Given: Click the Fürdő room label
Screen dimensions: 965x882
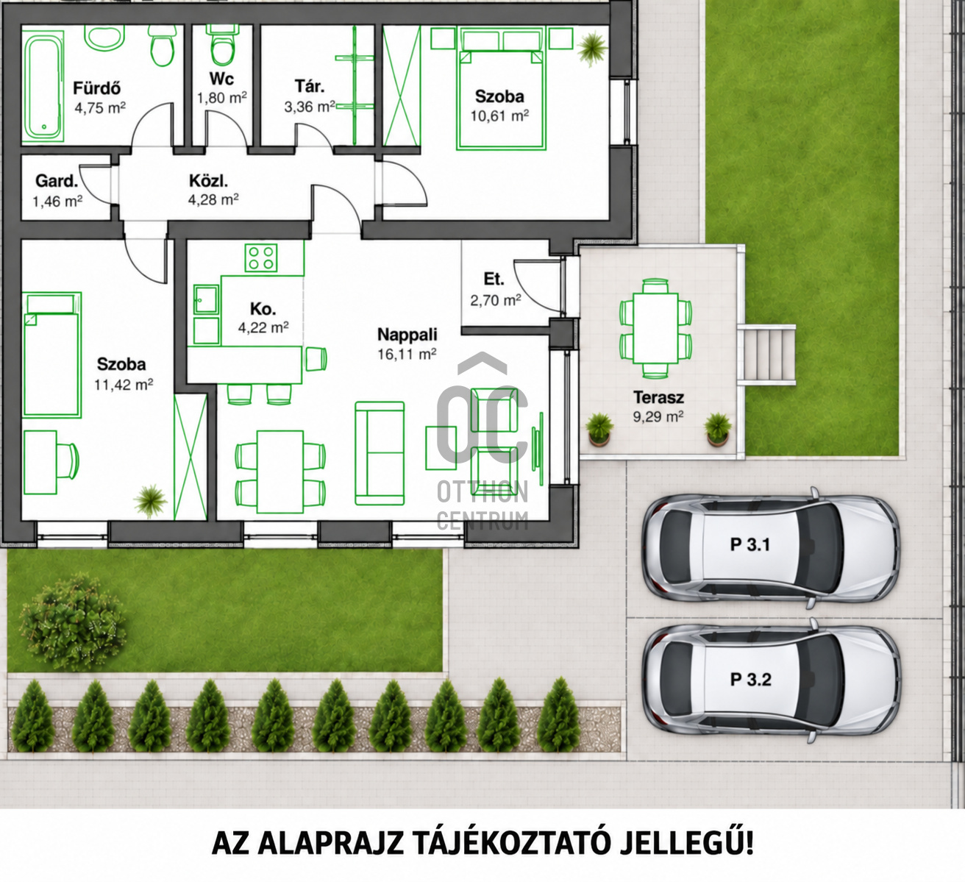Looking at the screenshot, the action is (x=96, y=88).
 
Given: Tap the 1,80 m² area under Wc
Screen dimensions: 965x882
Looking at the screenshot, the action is (x=222, y=98).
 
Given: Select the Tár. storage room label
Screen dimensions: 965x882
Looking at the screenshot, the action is (x=310, y=87).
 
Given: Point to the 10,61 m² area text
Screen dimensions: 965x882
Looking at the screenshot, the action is (x=499, y=116).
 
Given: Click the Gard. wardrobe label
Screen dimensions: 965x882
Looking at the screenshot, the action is (x=57, y=182).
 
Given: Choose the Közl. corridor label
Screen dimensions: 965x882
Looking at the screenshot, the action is (x=208, y=182).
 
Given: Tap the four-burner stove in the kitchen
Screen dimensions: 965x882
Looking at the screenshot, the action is (x=260, y=258).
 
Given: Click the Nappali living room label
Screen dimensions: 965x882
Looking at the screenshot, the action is (x=407, y=335).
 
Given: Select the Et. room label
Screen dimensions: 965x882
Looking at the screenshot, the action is (x=494, y=279).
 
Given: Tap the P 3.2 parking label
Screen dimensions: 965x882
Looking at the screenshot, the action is (x=750, y=680).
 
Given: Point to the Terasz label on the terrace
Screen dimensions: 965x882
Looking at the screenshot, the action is (x=658, y=397).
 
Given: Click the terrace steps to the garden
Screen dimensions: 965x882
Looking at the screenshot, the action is (x=766, y=355).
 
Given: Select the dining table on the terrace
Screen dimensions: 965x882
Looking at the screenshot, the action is (x=655, y=328).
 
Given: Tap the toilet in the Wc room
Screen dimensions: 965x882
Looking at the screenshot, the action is (x=222, y=46).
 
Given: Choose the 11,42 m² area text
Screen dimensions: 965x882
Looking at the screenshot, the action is (x=124, y=385).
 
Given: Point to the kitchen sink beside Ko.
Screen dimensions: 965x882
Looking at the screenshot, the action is (x=207, y=299).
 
